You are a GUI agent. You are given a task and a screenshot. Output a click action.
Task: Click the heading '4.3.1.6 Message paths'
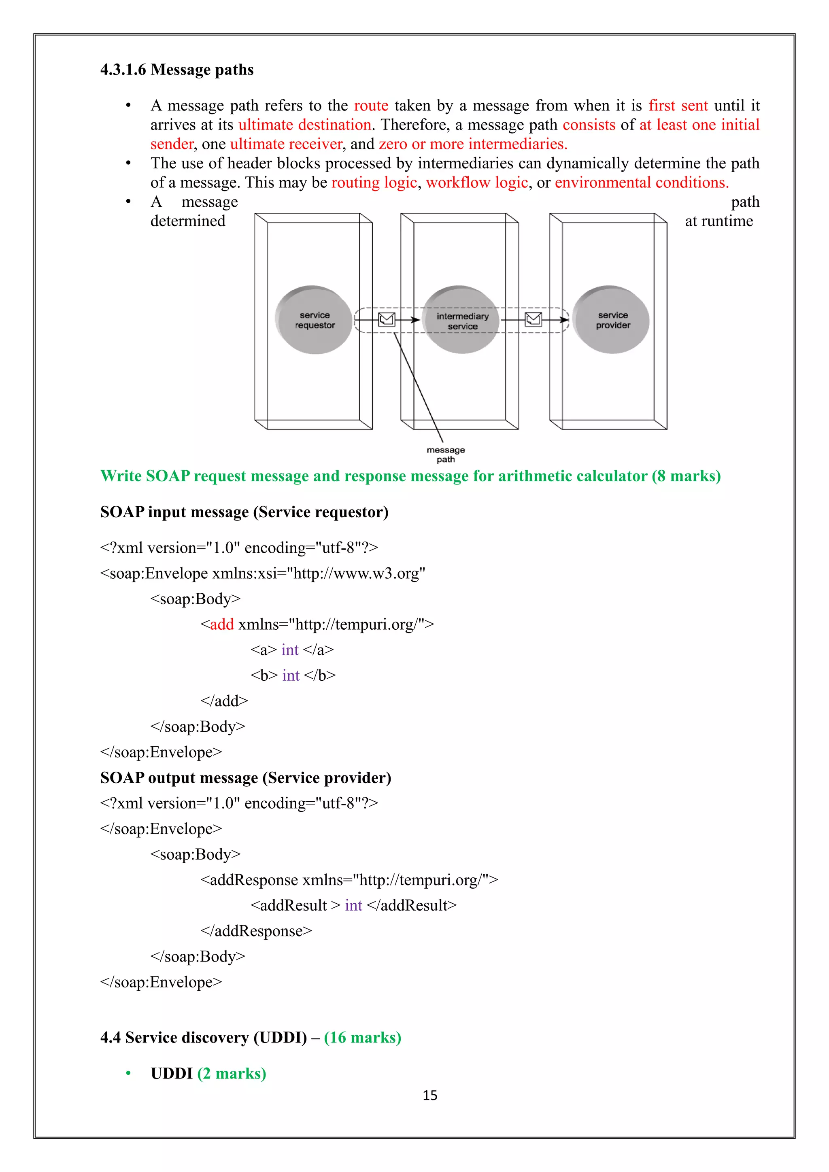[x=176, y=70]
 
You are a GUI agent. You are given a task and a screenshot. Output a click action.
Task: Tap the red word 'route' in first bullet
[x=371, y=106]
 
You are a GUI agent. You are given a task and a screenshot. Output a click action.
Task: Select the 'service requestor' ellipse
[x=315, y=320]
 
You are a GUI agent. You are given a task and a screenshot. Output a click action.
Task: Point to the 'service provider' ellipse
[x=612, y=320]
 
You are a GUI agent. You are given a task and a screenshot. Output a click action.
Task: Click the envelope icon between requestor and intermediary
[x=387, y=320]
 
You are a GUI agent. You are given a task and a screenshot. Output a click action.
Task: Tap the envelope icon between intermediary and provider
[x=534, y=320]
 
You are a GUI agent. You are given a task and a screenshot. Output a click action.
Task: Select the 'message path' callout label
[x=446, y=454]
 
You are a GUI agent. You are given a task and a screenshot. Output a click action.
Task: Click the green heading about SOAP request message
[x=410, y=476]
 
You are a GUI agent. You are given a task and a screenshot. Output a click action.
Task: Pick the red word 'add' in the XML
[x=221, y=624]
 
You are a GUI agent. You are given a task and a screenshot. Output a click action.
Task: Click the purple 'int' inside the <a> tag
[x=289, y=650]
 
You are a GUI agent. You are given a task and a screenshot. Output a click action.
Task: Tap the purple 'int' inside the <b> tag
[x=291, y=675]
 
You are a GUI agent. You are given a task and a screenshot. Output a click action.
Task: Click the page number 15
[x=430, y=1096]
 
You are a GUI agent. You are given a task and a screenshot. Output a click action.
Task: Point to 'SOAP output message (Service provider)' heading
[x=246, y=778]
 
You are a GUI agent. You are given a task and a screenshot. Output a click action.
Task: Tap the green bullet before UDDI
[x=129, y=1074]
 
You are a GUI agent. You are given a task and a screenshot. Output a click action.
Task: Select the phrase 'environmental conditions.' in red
[x=642, y=183]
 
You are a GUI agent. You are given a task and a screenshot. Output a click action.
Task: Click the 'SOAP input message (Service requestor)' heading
[x=244, y=512]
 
